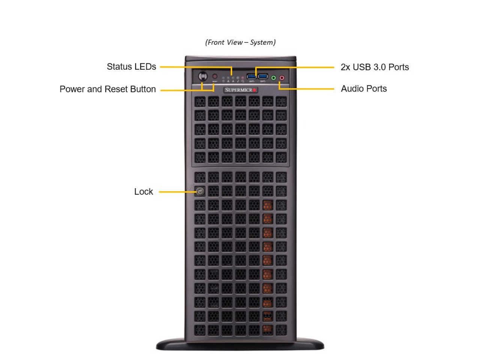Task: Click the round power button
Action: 203,76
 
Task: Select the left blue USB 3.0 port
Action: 251,76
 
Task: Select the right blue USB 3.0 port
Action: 262,76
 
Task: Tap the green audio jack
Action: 273,78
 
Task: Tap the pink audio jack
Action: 282,78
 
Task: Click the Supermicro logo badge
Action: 240,90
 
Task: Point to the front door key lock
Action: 200,192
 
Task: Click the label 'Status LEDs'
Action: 131,67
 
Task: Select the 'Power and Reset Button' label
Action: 108,89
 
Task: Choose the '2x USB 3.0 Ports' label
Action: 375,67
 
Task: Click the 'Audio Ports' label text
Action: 364,89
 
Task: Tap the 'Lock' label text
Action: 144,192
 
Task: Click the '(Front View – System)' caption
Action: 240,42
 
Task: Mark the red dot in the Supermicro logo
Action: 254,90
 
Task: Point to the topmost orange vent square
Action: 268,205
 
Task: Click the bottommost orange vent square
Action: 268,330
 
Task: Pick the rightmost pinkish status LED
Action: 242,78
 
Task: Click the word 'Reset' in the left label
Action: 117,89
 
